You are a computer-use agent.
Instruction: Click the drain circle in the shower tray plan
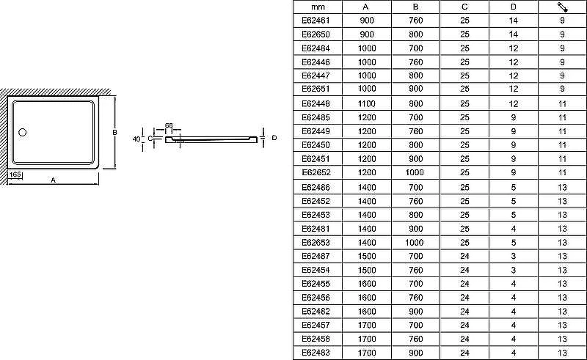click(x=23, y=132)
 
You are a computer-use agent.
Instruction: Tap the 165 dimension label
click(x=15, y=175)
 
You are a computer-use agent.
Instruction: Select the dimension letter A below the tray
click(x=53, y=180)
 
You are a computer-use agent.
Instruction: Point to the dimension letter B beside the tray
click(x=115, y=132)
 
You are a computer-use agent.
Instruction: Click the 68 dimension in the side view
click(x=169, y=125)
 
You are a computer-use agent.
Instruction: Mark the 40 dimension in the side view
click(x=136, y=139)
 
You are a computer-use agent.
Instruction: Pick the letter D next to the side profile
click(x=274, y=138)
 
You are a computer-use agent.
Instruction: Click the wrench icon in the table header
click(x=562, y=7)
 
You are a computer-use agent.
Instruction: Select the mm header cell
click(x=318, y=7)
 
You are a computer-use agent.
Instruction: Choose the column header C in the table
click(x=464, y=7)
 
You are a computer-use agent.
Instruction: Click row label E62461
click(x=316, y=21)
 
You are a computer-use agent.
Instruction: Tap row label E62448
click(x=316, y=103)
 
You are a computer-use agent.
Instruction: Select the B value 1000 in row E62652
click(x=415, y=172)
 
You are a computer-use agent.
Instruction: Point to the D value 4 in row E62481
click(x=513, y=229)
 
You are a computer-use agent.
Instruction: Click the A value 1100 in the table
click(x=366, y=103)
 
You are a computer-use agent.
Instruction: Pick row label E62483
click(x=316, y=353)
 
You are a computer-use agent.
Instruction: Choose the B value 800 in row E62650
click(x=415, y=34)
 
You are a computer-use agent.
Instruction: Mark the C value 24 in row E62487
click(x=464, y=257)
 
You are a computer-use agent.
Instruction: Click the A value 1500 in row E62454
click(x=366, y=271)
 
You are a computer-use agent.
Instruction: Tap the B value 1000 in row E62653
click(x=415, y=243)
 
